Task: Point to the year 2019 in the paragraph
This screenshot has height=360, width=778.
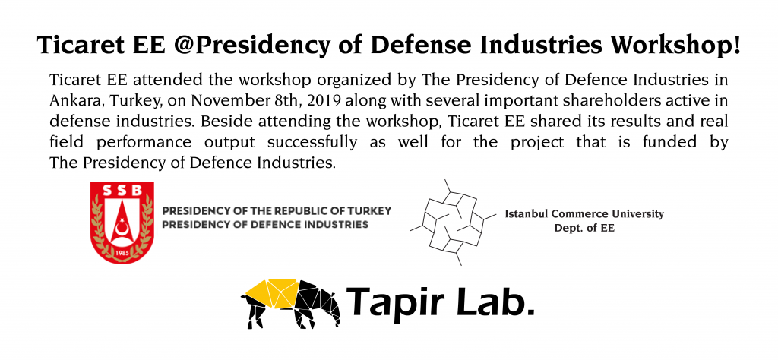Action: (324, 100)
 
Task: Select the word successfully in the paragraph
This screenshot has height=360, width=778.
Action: (312, 143)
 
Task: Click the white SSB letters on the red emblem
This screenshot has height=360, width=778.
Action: (122, 190)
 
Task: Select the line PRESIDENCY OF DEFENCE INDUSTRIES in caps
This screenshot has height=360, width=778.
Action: (265, 225)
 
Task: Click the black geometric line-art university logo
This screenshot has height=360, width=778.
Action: (453, 222)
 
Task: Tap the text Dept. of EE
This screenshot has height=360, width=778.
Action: (584, 229)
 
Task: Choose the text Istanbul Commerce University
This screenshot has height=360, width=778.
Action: (584, 214)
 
